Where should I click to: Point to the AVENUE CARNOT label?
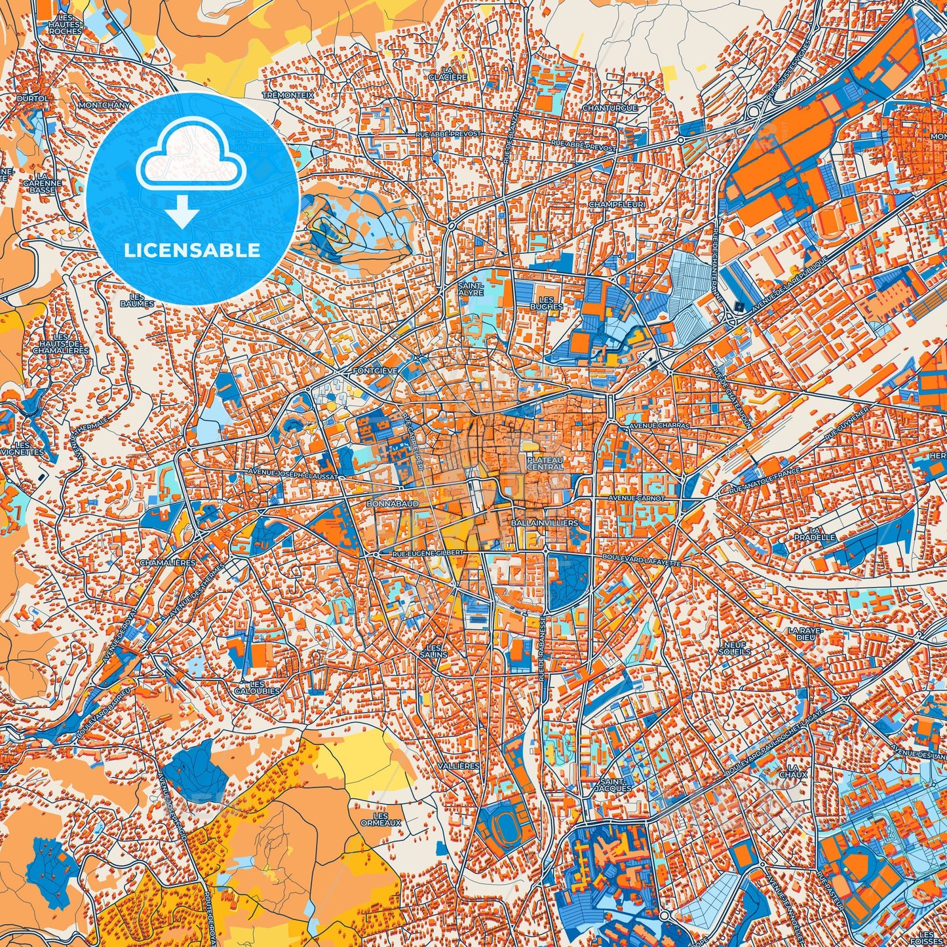(x=636, y=498)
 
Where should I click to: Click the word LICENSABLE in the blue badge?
(x=193, y=250)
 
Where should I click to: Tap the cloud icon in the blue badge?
(x=191, y=157)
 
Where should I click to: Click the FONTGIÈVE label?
(x=375, y=370)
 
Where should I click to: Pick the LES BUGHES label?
(x=546, y=303)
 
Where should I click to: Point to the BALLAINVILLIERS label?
(x=544, y=523)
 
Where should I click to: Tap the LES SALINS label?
(x=433, y=651)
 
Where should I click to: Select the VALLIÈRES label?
(x=461, y=765)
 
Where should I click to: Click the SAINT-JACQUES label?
(x=616, y=784)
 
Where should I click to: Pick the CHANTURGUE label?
(x=609, y=107)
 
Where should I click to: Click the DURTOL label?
(x=33, y=98)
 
